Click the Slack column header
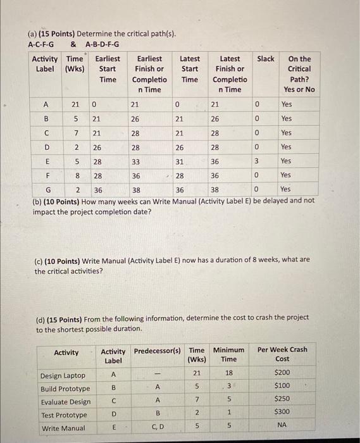pyautogui.click(x=265, y=59)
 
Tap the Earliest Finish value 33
pyautogui.click(x=135, y=161)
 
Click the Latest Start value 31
pyautogui.click(x=180, y=161)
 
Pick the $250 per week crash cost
pyautogui.click(x=282, y=399)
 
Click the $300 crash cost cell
pyautogui.click(x=282, y=412)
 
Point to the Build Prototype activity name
pyautogui.click(x=65, y=389)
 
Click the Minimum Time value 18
pyautogui.click(x=228, y=373)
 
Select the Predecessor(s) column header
pyautogui.click(x=158, y=350)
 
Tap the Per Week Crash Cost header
pyautogui.click(x=282, y=354)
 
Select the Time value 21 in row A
pyautogui.click(x=75, y=104)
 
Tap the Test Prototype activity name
pyautogui.click(x=64, y=415)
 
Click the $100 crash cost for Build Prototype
pyautogui.click(x=282, y=385)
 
